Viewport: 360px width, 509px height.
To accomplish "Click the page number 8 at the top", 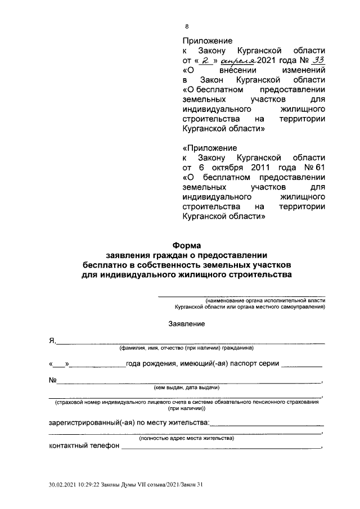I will [187, 26].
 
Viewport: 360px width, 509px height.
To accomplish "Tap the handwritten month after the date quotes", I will [238, 61].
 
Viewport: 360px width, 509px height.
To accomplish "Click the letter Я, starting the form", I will [51, 341].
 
